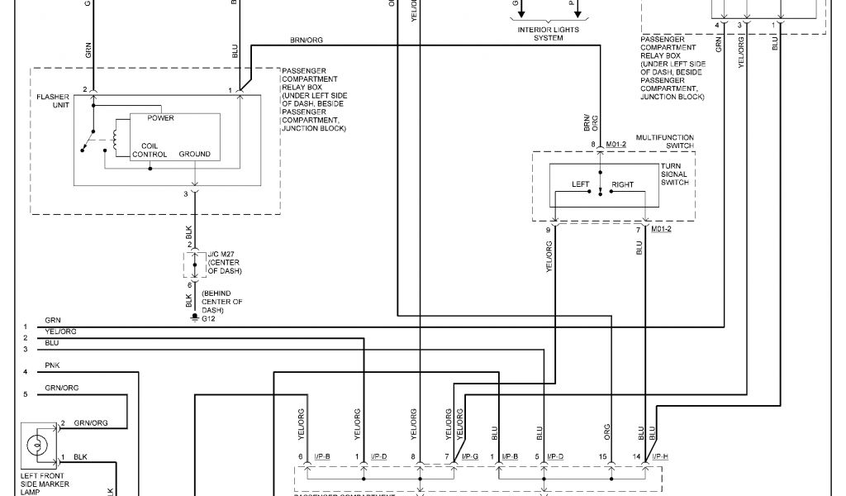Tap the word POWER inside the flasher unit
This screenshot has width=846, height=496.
tap(160, 118)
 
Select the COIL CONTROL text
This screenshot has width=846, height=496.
tap(150, 149)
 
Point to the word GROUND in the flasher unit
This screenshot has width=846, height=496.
tap(193, 154)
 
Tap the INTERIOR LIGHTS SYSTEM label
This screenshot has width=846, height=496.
tap(548, 34)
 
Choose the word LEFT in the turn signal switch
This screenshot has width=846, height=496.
tap(581, 184)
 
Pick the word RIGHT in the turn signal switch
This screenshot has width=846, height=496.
tap(622, 184)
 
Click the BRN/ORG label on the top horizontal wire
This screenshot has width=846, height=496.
tap(307, 39)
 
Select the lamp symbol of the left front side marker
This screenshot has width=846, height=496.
tap(36, 445)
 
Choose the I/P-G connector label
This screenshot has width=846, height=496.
tap(470, 456)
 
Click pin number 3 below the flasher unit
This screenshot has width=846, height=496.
tap(187, 193)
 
